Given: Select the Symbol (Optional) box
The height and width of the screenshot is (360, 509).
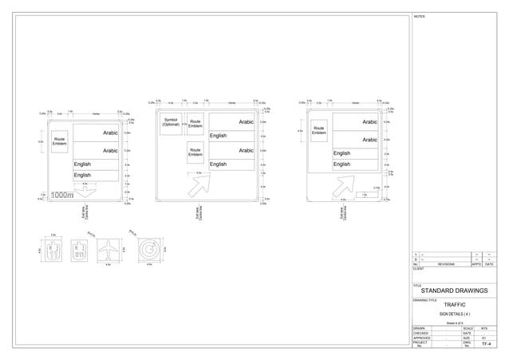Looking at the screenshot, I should point(171,124).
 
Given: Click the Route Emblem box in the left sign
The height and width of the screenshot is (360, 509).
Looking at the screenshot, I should point(59,141).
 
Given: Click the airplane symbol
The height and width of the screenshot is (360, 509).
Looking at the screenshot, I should point(106,252).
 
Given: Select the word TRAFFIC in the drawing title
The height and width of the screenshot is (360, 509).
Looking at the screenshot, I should point(455,305).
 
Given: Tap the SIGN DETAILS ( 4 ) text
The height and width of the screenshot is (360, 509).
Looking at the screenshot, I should point(455,315).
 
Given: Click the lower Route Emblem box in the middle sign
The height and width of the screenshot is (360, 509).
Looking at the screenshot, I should point(195,152).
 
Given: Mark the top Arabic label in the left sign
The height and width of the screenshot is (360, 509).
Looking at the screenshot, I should point(111,133).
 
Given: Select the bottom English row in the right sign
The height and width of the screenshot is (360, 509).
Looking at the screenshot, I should point(341,164).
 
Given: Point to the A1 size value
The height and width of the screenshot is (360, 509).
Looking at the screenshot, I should point(485,338).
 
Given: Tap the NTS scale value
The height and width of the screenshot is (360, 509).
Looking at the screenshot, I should point(485,328).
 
